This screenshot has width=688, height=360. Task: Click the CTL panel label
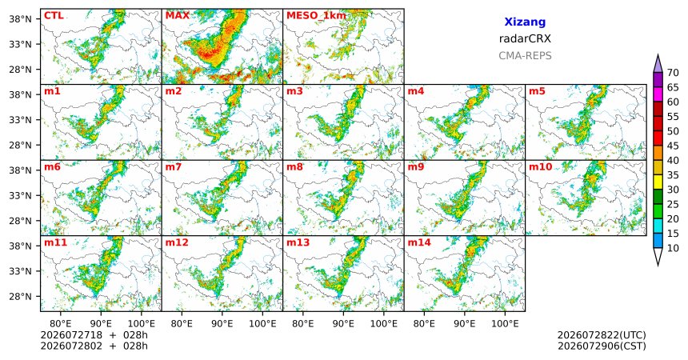tap(54, 16)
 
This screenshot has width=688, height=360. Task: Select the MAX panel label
tap(178, 16)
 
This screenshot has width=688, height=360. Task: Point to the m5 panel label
tap(537, 91)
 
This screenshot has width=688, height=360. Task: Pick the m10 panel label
tap(540, 167)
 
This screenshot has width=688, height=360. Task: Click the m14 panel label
tap(419, 242)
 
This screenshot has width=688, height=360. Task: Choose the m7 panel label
tap(174, 167)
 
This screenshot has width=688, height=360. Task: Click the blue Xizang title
tap(525, 22)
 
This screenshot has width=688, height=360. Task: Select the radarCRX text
tap(525, 38)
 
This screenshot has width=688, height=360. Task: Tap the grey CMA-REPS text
tap(525, 56)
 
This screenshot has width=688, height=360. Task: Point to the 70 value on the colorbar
tap(673, 73)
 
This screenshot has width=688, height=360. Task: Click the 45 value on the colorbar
tap(673, 146)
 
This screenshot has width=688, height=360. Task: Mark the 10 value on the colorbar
tap(673, 248)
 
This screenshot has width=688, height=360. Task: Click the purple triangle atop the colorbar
tap(658, 64)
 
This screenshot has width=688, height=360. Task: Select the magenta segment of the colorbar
tap(658, 94)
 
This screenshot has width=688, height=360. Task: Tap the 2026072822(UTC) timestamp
tap(602, 335)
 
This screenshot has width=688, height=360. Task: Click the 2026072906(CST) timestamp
tap(602, 346)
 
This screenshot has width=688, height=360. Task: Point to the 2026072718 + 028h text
tap(94, 335)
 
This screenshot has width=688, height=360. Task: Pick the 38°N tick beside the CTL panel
tap(20, 18)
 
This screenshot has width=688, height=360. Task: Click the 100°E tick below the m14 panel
tap(505, 324)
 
